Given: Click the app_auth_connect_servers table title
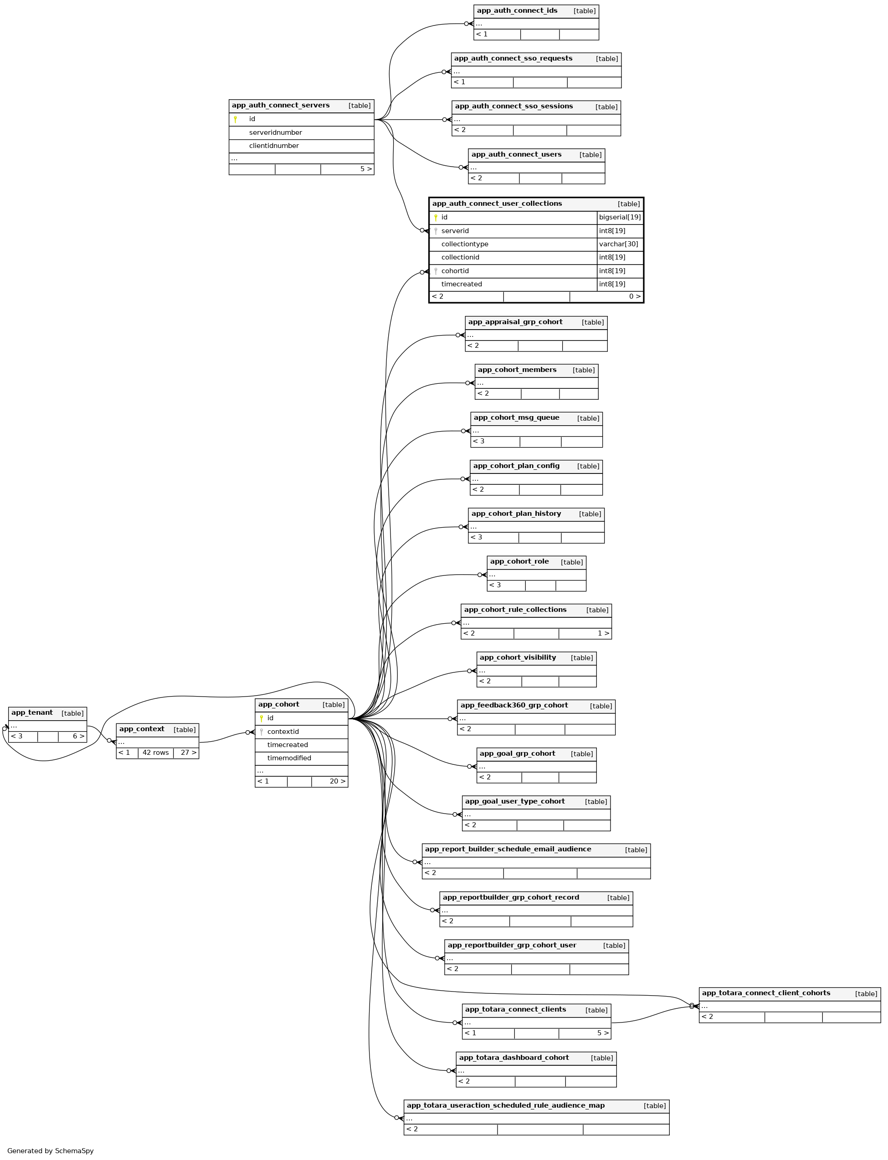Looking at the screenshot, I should tap(281, 106).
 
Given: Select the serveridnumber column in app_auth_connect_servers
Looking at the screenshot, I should tap(275, 132).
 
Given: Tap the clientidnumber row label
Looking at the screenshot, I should tap(274, 146).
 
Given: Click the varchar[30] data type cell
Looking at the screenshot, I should tap(618, 244).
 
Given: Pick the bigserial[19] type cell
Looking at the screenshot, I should tap(620, 217).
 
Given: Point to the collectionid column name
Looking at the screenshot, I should tap(460, 257).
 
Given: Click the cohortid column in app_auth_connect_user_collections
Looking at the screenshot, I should tap(455, 271).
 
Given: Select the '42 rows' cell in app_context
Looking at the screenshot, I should tap(155, 753).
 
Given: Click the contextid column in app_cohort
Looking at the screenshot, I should tap(283, 732).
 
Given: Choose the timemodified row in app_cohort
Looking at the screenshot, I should tap(288, 758).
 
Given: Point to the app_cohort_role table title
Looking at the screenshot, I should tap(519, 561).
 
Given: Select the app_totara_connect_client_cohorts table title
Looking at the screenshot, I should tap(765, 993).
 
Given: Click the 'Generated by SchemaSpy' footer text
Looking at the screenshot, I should tap(50, 1150).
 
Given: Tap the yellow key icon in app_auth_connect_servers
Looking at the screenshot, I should tap(235, 119).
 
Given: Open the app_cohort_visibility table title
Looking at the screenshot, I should tap(518, 658).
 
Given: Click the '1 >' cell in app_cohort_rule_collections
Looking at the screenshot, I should tap(603, 633).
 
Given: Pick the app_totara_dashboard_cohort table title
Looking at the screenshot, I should tap(514, 1058).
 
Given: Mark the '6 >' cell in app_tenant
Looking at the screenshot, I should tap(78, 736).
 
